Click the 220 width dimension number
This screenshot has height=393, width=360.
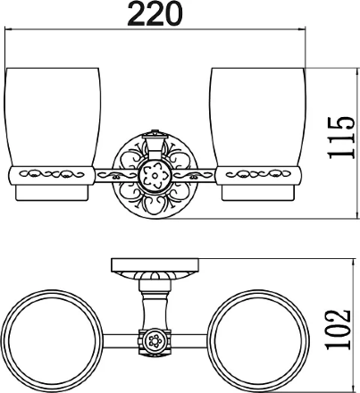coord(155,13)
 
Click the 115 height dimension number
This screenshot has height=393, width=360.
coord(341,138)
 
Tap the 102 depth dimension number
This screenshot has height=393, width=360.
coord(338,330)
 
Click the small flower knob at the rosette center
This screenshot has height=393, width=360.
coord(155,176)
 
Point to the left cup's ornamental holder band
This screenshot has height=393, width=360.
coord(51,176)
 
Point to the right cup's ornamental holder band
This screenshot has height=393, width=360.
coord(258,176)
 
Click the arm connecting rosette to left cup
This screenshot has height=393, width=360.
coord(117,176)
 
